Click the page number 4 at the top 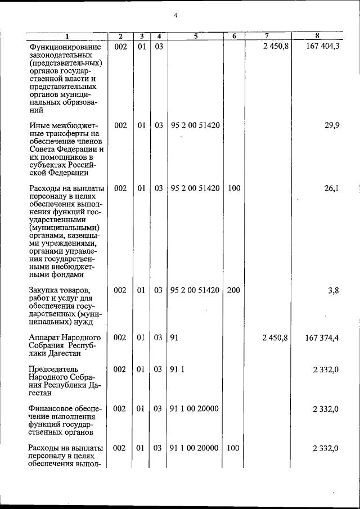click(175, 16)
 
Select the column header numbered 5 click(195, 37)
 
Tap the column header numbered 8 click(317, 37)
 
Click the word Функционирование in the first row click(65, 47)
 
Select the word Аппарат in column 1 click(44, 337)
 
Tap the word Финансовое click(49, 409)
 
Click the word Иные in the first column click(39, 125)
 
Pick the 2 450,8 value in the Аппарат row click(275, 337)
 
